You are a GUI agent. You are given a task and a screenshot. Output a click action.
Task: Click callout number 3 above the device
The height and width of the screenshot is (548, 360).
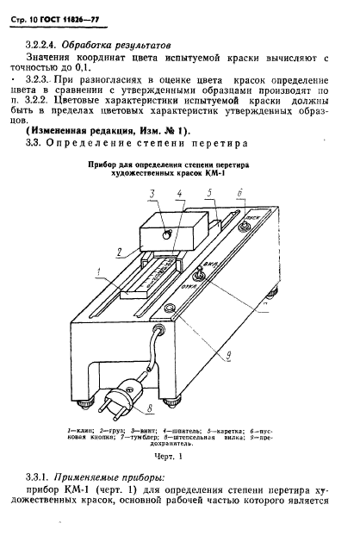(152, 193)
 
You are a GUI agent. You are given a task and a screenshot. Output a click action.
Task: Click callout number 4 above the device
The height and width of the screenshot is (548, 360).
(178, 193)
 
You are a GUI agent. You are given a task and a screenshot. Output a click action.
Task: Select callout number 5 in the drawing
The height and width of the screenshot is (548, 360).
(209, 195)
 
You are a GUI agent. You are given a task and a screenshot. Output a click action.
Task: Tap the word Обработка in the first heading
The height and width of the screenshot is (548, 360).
(106, 41)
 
